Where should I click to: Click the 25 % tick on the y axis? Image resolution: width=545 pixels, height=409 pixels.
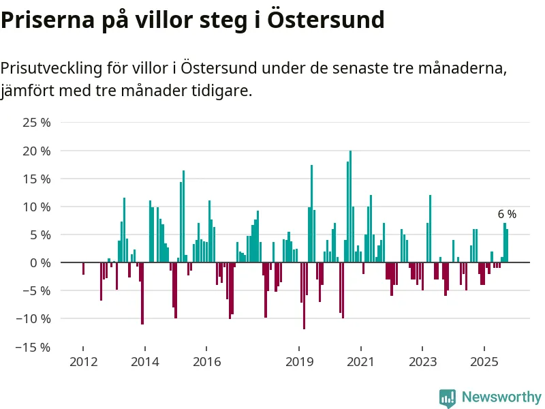(x=37, y=123)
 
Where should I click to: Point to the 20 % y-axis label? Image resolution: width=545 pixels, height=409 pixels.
(x=37, y=151)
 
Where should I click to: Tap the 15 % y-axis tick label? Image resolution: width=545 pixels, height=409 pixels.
(x=37, y=179)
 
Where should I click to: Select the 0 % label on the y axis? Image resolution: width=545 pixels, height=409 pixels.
(x=40, y=262)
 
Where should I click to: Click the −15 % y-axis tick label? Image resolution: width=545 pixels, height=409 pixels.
(x=35, y=346)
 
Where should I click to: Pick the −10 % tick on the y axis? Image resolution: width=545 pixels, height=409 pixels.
(x=35, y=318)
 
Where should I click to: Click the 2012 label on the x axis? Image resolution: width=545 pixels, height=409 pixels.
(x=83, y=361)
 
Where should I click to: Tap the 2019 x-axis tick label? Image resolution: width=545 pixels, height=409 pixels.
(x=298, y=361)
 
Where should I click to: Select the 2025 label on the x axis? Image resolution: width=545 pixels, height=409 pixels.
(x=484, y=361)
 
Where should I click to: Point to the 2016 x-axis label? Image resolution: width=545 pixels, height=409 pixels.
(x=207, y=361)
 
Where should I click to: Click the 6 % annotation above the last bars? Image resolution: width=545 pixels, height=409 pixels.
(x=507, y=214)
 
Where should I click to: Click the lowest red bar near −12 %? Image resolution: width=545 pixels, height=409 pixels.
(x=304, y=295)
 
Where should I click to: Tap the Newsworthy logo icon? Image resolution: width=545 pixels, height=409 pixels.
(x=448, y=397)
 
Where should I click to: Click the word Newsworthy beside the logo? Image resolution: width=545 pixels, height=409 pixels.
(x=501, y=397)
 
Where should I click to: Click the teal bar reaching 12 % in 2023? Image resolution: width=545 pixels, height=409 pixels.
(x=431, y=228)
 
